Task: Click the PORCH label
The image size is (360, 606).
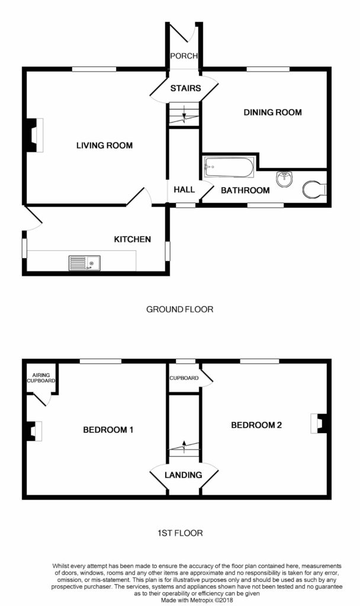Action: pyautogui.click(x=184, y=56)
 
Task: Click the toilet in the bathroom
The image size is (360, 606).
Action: pyautogui.click(x=314, y=189)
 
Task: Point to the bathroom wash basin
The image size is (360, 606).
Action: pyautogui.click(x=285, y=178)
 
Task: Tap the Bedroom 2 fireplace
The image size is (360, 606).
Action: pyautogui.click(x=319, y=424)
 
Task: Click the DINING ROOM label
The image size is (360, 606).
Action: pyautogui.click(x=273, y=112)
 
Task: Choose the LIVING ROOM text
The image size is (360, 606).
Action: pyautogui.click(x=104, y=146)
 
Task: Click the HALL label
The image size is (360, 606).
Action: pyautogui.click(x=184, y=190)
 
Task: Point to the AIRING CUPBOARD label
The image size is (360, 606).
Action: pyautogui.click(x=40, y=377)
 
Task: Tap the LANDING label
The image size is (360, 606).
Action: pyautogui.click(x=184, y=475)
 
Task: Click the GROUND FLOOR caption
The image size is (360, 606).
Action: pyautogui.click(x=179, y=309)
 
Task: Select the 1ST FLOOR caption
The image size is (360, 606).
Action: pyautogui.click(x=179, y=533)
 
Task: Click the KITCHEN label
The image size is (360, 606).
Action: pyautogui.click(x=133, y=240)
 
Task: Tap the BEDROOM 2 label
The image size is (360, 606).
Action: pyautogui.click(x=256, y=425)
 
